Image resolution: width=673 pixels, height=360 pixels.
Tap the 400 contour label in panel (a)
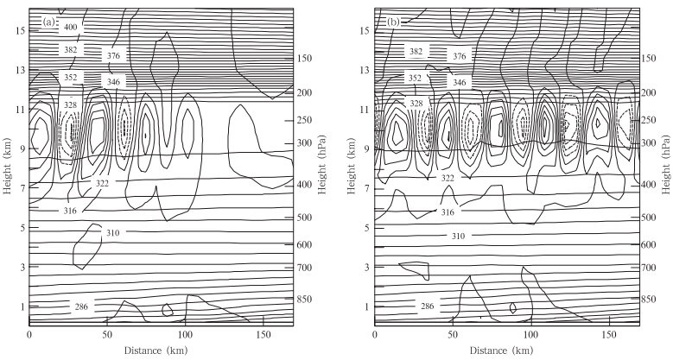(71, 28)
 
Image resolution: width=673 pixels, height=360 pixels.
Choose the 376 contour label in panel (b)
(459, 56)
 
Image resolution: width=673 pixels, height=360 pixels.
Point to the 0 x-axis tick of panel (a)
(29, 333)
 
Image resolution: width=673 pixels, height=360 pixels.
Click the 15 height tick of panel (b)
(365, 30)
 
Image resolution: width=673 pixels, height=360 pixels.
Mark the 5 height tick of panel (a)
(22, 228)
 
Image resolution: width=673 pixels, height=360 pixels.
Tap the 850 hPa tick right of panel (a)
(304, 299)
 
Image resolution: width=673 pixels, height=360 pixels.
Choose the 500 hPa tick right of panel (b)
(650, 218)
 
